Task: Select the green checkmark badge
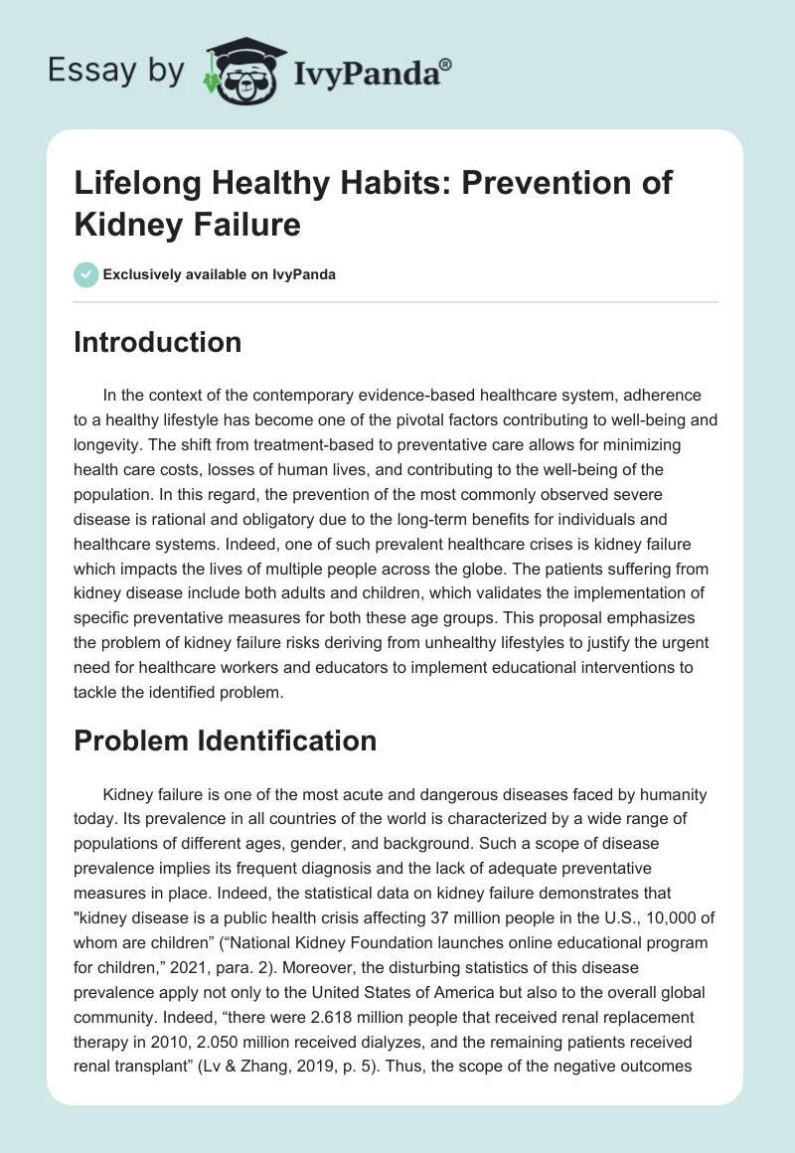[87, 274]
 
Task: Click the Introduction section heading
[158, 342]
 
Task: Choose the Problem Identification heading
[226, 741]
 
